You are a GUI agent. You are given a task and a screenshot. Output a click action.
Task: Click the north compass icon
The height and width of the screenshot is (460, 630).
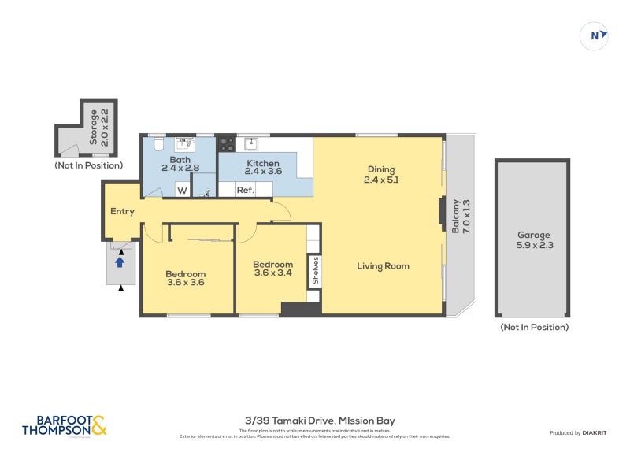tap(595, 35)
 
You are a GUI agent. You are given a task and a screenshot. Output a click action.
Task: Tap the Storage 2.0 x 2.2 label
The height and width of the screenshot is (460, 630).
tap(98, 127)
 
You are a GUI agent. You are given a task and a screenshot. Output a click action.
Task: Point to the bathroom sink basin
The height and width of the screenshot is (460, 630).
tap(187, 144)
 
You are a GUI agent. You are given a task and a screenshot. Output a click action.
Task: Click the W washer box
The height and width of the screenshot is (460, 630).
tap(182, 190)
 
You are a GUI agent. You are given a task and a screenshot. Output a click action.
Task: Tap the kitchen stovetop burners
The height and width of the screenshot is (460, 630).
tap(226, 144)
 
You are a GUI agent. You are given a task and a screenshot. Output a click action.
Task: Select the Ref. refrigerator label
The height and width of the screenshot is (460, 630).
tap(245, 190)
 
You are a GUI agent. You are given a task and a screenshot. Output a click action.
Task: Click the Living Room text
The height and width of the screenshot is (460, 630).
tap(383, 266)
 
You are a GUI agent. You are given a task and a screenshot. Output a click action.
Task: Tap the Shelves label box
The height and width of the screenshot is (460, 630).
tap(314, 269)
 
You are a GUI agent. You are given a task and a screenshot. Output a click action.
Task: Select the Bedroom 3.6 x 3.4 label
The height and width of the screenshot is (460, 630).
tap(272, 269)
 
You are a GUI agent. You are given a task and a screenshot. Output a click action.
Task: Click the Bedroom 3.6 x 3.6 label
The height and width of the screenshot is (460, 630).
tap(186, 278)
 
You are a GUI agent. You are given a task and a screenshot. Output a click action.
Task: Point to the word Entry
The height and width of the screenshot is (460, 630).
tap(122, 211)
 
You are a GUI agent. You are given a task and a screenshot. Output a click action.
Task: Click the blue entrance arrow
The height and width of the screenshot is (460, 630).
tap(120, 262)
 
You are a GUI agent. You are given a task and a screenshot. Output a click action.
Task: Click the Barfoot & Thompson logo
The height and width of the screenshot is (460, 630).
tap(65, 426)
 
